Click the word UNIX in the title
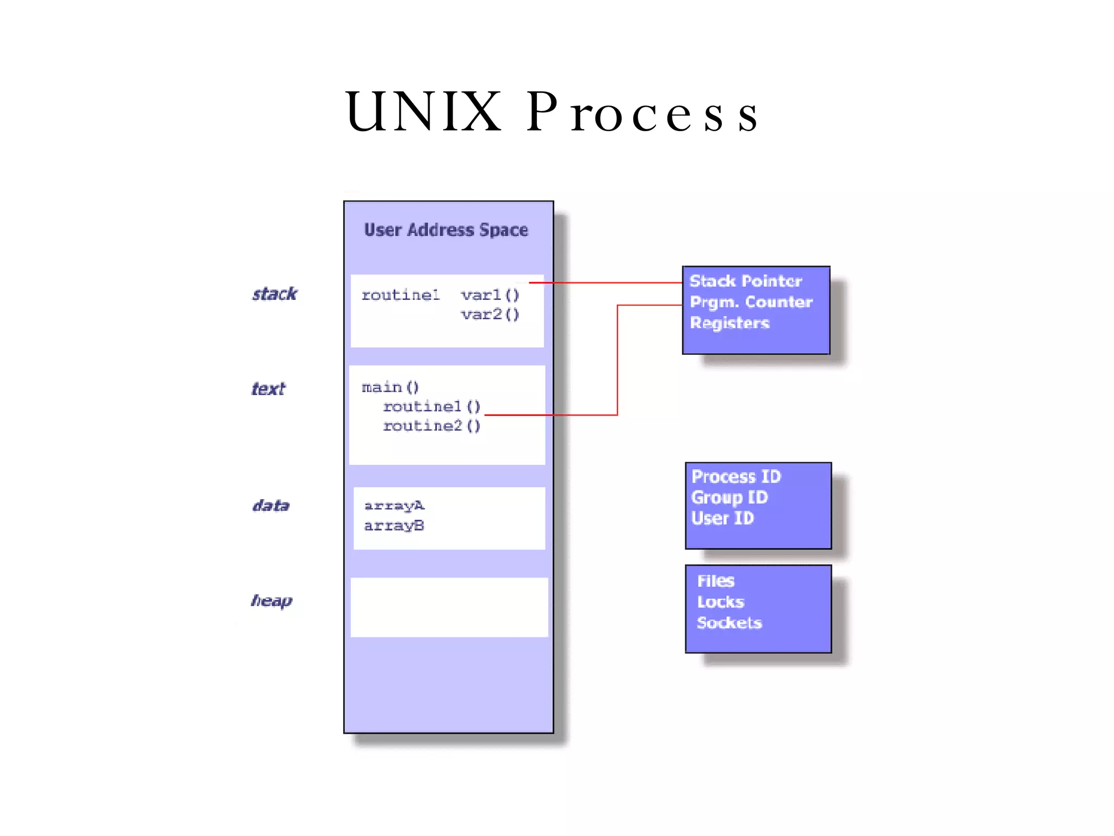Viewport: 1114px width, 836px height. [x=423, y=112]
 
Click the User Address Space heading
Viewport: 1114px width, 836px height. [x=446, y=230]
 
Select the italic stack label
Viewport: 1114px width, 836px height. [x=275, y=294]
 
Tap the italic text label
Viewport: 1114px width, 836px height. [x=268, y=389]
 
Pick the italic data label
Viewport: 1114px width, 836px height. [x=271, y=506]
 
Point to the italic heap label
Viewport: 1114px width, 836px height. [x=271, y=601]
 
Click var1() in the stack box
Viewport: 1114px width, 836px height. [x=490, y=295]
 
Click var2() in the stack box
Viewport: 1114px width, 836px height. [x=490, y=315]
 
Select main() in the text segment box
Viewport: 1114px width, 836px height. [x=390, y=387]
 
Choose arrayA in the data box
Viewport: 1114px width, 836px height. [x=394, y=506]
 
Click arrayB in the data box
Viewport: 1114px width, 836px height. [x=394, y=526]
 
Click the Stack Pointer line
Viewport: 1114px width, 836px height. [x=745, y=281]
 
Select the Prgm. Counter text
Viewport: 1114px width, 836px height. [x=751, y=302]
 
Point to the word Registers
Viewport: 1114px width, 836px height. [x=729, y=323]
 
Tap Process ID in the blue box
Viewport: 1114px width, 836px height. [x=736, y=477]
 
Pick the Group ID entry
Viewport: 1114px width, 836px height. [x=729, y=497]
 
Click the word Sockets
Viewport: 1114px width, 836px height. [x=729, y=623]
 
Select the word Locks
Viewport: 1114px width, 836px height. [x=720, y=602]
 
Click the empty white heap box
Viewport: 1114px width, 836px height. [x=449, y=607]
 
